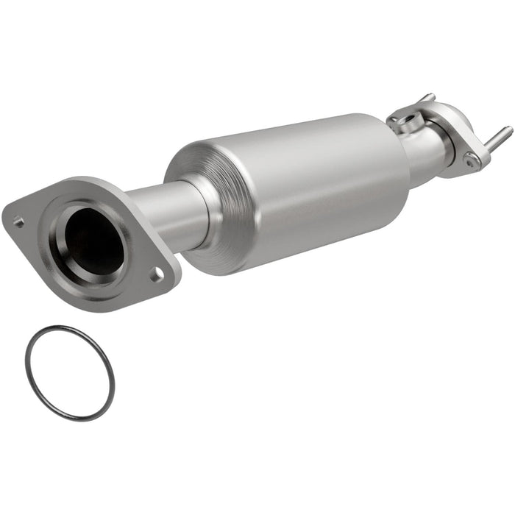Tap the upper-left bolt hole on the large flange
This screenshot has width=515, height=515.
(19, 220)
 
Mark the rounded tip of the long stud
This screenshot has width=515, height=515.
(508, 129)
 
